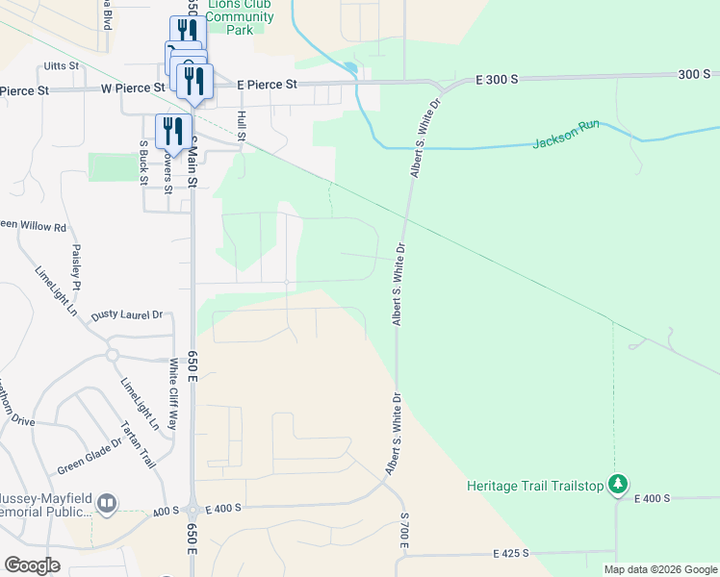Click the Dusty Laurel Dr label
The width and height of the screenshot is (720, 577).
tap(127, 314)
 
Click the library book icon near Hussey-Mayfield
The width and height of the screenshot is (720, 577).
tap(107, 502)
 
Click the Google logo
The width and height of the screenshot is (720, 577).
tap(32, 565)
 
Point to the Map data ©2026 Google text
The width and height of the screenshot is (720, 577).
tap(659, 569)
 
